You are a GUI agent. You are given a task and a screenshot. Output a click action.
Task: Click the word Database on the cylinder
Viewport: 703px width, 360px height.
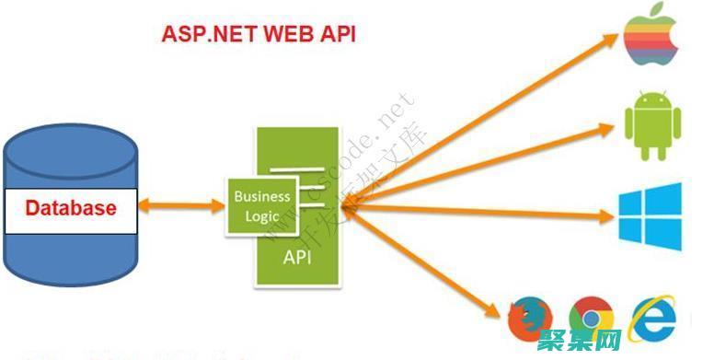(x=71, y=208)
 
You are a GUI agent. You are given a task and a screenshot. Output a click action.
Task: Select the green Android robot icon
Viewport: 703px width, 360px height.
(x=651, y=122)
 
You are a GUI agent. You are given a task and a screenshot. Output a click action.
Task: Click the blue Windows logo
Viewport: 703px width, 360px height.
(x=651, y=216)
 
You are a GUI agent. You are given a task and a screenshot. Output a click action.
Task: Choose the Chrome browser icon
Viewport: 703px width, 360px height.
(x=591, y=319)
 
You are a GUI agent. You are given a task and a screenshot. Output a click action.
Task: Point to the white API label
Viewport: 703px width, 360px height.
(x=296, y=257)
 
